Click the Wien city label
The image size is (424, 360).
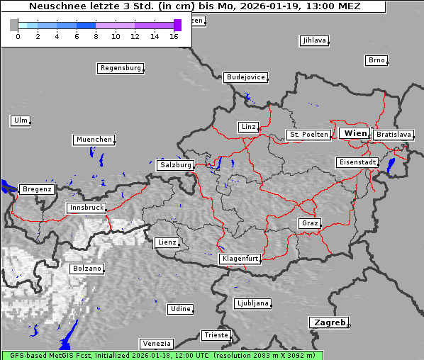tap(355, 133)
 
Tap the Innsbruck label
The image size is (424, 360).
tap(87, 208)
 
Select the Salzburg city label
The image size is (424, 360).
tap(176, 164)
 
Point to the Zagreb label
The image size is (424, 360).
tap(328, 322)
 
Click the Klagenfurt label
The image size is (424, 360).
tap(240, 259)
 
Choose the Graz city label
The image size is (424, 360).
tap(310, 223)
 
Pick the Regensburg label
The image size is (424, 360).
tap(120, 68)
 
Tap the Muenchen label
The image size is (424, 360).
tap(94, 140)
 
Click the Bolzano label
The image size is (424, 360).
tap(87, 269)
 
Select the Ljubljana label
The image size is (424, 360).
tap(252, 303)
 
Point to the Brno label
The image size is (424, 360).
tap(376, 60)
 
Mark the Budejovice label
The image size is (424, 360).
tap(245, 77)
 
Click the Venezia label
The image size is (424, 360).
tap(156, 343)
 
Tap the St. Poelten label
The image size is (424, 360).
tap(308, 134)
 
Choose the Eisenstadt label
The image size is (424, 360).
tap(357, 162)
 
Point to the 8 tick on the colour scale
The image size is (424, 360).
tap(96, 35)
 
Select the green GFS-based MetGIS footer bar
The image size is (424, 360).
tap(162, 355)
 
